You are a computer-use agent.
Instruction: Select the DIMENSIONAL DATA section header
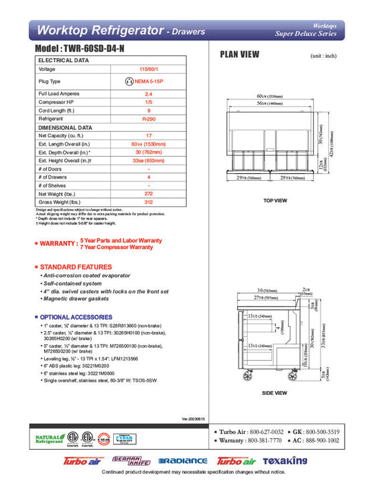click(65, 128)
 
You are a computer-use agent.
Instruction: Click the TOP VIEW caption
click(275, 201)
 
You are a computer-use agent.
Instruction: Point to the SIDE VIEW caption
click(275, 394)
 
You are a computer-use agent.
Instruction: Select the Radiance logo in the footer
click(182, 460)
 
